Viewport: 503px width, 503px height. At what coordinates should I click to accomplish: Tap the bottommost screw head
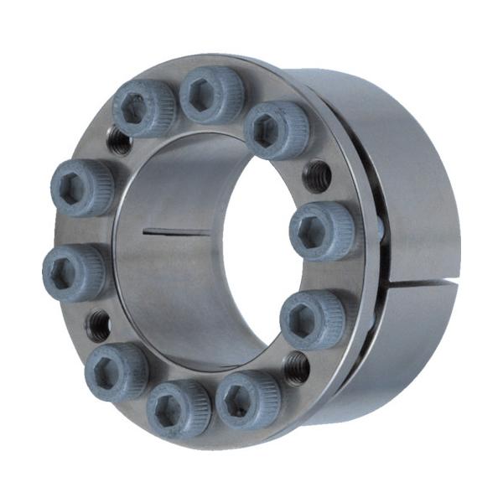(x=178, y=407)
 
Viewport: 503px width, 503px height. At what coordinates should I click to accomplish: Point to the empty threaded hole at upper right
(x=317, y=176)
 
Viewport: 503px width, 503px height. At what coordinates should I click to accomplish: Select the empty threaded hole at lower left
(x=99, y=321)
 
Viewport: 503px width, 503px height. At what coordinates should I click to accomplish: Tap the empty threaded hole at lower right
(x=296, y=366)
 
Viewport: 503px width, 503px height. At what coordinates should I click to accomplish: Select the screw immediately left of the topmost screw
(x=143, y=108)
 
